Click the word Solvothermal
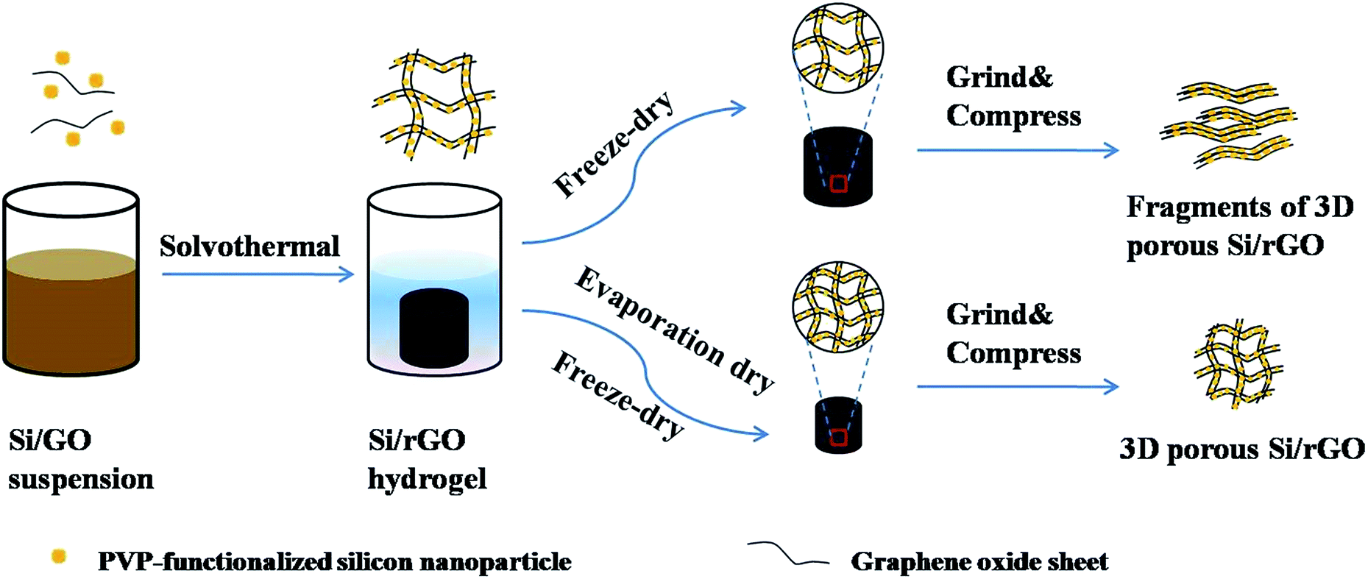(249, 246)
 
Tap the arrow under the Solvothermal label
(258, 274)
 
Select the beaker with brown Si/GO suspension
(71, 280)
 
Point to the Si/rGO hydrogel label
(427, 459)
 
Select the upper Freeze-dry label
(613, 145)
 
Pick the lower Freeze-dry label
(617, 395)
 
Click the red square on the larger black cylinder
(838, 184)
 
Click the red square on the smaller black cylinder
(838, 438)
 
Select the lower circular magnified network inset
(837, 306)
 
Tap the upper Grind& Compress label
(1013, 96)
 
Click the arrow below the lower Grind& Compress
(1017, 386)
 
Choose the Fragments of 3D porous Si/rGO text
(1239, 226)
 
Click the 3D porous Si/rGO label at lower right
(1242, 449)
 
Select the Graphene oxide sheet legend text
(979, 562)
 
